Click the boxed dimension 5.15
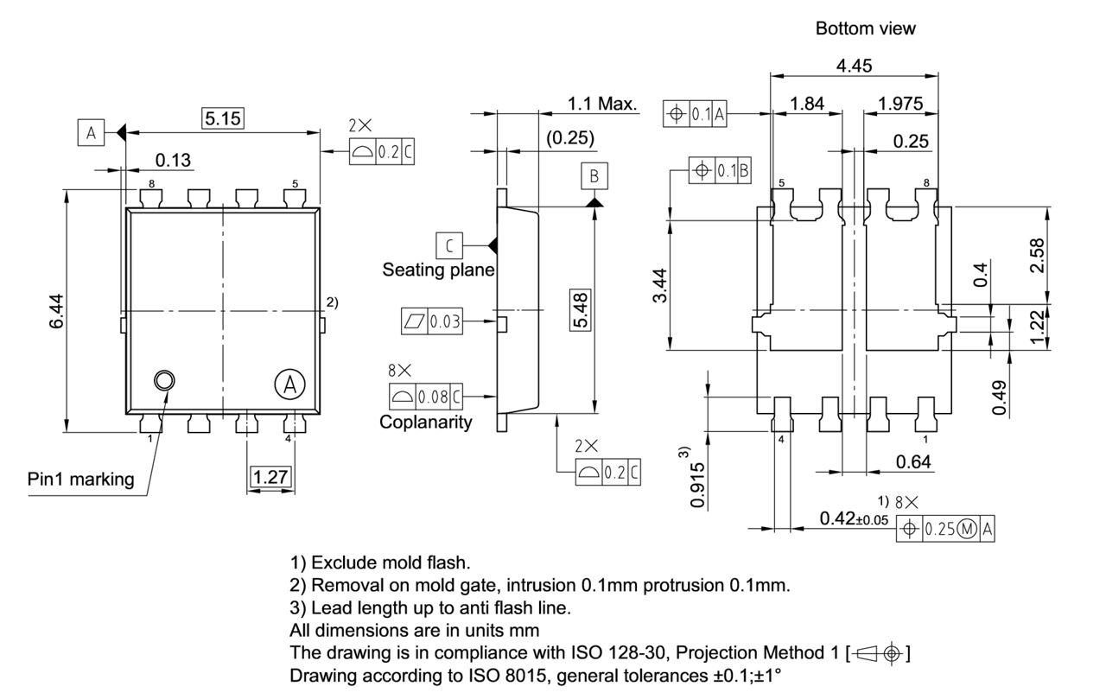[x=222, y=118]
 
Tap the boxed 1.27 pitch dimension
[x=270, y=476]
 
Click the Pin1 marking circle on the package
[x=163, y=380]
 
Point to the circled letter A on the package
[x=290, y=383]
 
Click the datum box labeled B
[x=594, y=176]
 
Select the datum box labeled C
[x=448, y=245]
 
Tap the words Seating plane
[x=438, y=270]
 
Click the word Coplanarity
[x=426, y=422]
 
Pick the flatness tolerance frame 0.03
[x=432, y=322]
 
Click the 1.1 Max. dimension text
[x=601, y=105]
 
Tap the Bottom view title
[x=865, y=29]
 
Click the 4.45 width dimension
[x=854, y=67]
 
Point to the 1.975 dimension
[x=899, y=104]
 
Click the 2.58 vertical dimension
[x=1036, y=256]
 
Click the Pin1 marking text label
[x=81, y=479]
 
